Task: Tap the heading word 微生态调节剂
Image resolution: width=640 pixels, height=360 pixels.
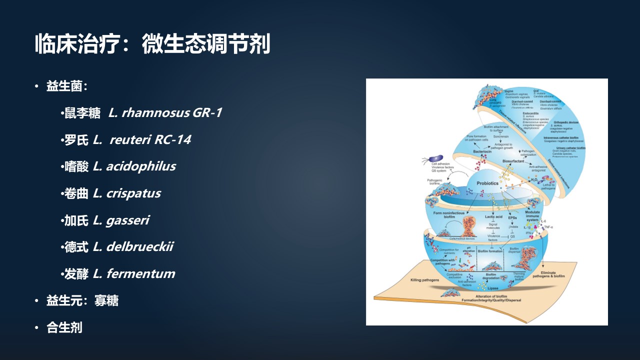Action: coord(205,44)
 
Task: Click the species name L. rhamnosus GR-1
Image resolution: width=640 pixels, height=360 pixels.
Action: coord(165,112)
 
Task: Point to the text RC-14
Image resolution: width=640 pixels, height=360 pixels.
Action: coord(172,139)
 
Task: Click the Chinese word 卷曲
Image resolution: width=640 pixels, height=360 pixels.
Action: coord(76,193)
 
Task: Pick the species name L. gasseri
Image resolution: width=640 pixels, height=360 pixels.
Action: coord(121,220)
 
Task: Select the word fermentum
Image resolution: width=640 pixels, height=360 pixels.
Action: coord(140,274)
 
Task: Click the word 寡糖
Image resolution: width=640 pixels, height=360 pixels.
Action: coord(106,300)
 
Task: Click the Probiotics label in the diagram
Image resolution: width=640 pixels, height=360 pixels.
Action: coord(487,183)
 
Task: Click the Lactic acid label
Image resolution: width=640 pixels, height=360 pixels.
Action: coord(493,216)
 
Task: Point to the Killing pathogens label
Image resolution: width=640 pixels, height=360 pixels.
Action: coord(424,280)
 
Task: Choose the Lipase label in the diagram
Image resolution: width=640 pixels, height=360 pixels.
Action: coord(492,288)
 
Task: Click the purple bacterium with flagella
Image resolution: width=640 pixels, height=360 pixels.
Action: coord(430,160)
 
